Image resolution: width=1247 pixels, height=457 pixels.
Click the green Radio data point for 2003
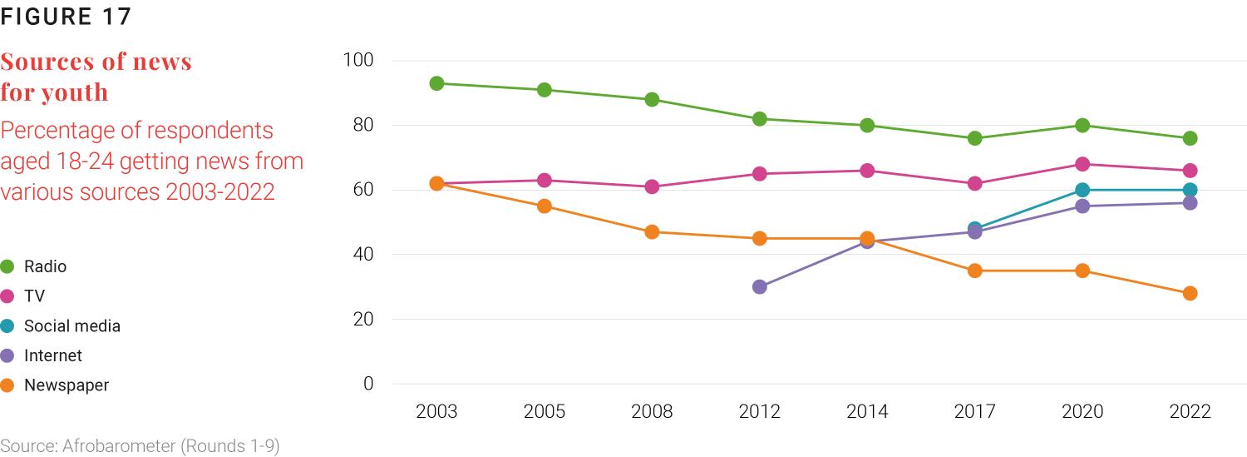click(436, 83)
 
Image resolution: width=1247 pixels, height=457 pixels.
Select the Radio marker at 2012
click(759, 119)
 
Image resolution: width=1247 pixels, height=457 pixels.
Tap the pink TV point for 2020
click(1082, 164)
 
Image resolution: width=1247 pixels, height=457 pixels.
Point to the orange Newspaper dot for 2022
click(1190, 293)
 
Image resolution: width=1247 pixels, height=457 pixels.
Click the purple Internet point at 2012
click(759, 286)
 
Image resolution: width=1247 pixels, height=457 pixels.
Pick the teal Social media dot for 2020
click(1082, 190)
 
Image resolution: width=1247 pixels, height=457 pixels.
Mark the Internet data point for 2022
click(1190, 203)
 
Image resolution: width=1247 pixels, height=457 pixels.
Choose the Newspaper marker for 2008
click(652, 232)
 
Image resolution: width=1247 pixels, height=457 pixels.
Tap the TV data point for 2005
click(545, 180)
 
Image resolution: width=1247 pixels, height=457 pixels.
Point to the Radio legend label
click(45, 266)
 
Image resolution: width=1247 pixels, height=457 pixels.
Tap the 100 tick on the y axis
click(358, 60)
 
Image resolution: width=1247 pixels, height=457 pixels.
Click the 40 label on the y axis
click(362, 255)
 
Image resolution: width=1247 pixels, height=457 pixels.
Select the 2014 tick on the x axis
click(867, 411)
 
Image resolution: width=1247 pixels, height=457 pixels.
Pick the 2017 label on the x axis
click(974, 411)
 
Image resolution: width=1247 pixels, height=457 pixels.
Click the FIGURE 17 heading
click(66, 17)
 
